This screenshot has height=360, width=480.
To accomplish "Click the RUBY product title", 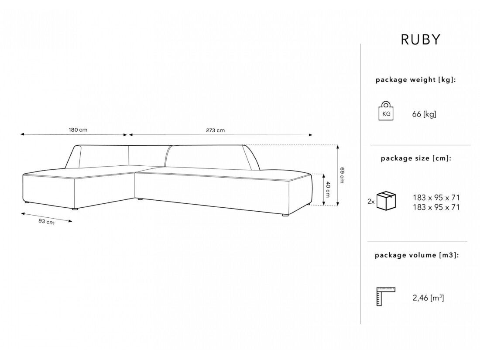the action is coord(421,40).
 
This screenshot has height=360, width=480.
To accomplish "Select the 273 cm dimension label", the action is coord(216,130).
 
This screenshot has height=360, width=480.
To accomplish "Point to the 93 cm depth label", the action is coord(46,221).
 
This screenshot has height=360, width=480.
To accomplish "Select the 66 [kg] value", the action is coord(424,114).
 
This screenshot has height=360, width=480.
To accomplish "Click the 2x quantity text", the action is coord(371,202).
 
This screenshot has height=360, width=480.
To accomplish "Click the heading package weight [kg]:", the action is coord(416,80).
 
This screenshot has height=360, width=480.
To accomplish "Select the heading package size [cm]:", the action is coord(416,158).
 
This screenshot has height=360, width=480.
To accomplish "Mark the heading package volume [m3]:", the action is coord(417,255).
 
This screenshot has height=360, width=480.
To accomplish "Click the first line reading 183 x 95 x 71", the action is coord(436,197).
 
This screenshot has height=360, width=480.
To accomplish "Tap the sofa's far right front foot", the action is coord(285,215).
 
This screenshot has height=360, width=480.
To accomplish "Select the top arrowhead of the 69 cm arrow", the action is coord(338,146).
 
